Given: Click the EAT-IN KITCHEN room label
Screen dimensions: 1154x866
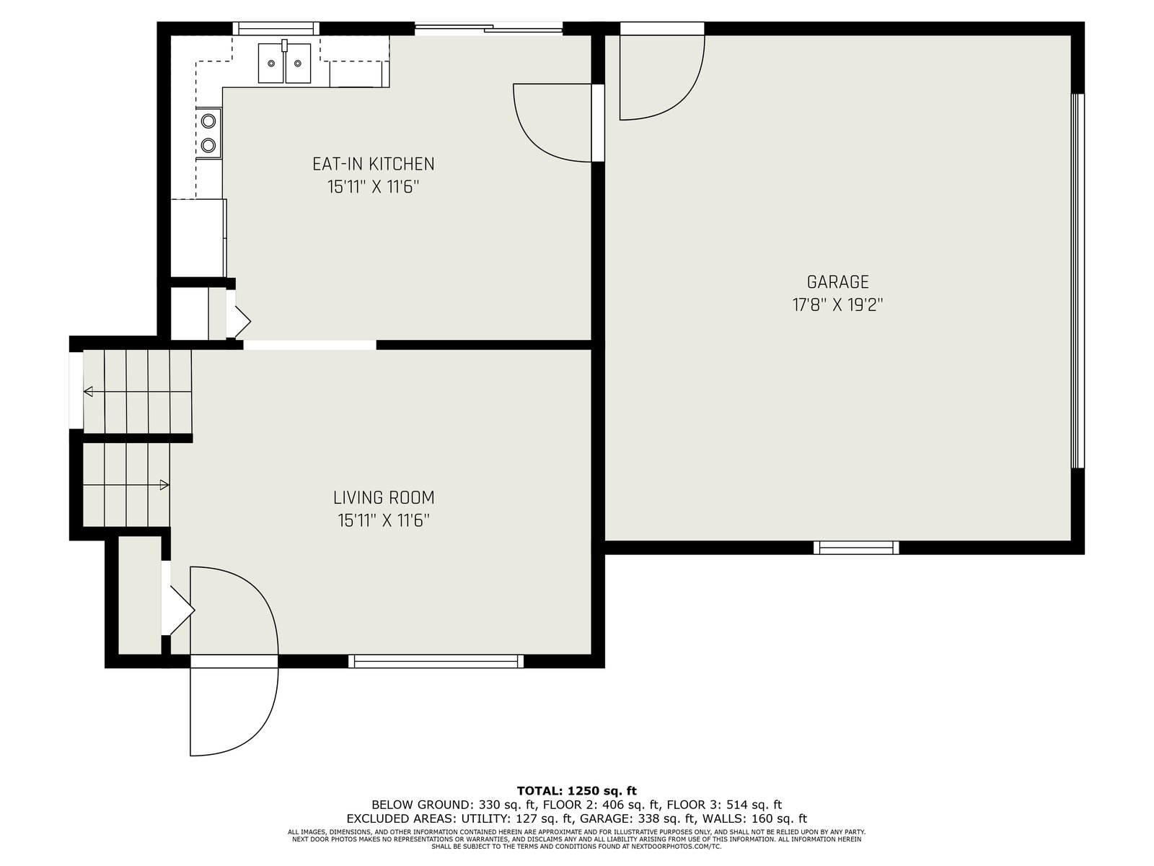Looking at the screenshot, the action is (374, 164).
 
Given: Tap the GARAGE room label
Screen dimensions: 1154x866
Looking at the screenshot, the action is (837, 282).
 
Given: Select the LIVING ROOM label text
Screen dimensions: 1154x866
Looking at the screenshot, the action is (384, 497).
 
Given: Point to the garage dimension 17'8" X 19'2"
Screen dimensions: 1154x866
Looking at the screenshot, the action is (837, 305).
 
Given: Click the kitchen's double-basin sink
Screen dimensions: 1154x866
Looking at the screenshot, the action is (284, 64).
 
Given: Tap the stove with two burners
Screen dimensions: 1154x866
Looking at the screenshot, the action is (208, 133).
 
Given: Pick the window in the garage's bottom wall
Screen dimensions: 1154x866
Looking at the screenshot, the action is (856, 548).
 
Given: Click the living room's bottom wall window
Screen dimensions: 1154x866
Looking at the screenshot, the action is (436, 661).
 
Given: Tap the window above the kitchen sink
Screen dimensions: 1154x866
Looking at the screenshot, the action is (276, 28).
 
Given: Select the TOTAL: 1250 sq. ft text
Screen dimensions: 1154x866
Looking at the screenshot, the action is (577, 791).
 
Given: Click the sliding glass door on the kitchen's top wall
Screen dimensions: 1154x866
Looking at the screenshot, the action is (488, 28).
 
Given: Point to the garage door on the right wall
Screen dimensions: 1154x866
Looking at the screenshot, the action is (1078, 281).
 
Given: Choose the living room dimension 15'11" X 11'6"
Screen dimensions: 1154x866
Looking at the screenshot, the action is (384, 520).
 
